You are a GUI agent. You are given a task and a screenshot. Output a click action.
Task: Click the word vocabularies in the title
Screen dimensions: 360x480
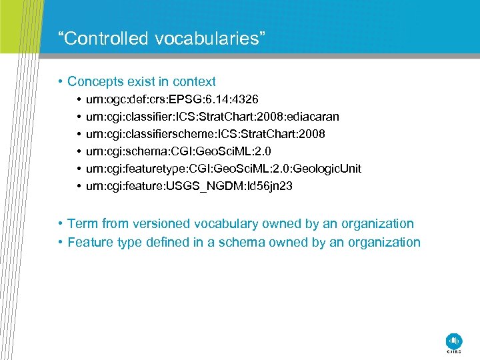click(x=210, y=39)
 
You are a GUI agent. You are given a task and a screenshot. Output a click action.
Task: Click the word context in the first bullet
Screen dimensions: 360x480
click(x=194, y=82)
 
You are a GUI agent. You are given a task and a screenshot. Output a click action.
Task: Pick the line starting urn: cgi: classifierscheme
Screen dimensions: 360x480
click(x=205, y=135)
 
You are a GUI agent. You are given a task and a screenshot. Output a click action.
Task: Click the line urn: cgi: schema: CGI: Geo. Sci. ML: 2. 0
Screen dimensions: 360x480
click(x=178, y=152)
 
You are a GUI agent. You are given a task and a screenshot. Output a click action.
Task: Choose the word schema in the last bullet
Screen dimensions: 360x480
click(x=237, y=243)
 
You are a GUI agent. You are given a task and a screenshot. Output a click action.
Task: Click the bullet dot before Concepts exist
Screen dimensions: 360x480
click(x=60, y=83)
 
